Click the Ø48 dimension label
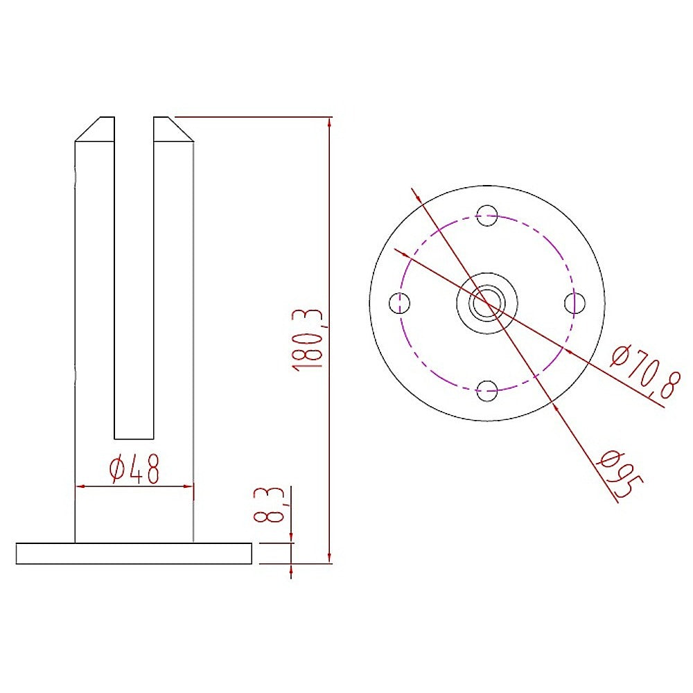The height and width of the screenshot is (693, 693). (134, 469)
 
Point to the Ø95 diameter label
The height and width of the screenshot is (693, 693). (617, 473)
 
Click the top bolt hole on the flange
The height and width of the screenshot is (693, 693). (488, 213)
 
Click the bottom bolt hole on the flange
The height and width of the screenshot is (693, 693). (488, 391)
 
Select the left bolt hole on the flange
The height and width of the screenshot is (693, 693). (400, 303)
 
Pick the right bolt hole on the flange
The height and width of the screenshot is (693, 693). (574, 303)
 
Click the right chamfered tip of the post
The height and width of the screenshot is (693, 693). (170, 129)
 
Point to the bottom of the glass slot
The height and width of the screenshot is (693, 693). (133, 437)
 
